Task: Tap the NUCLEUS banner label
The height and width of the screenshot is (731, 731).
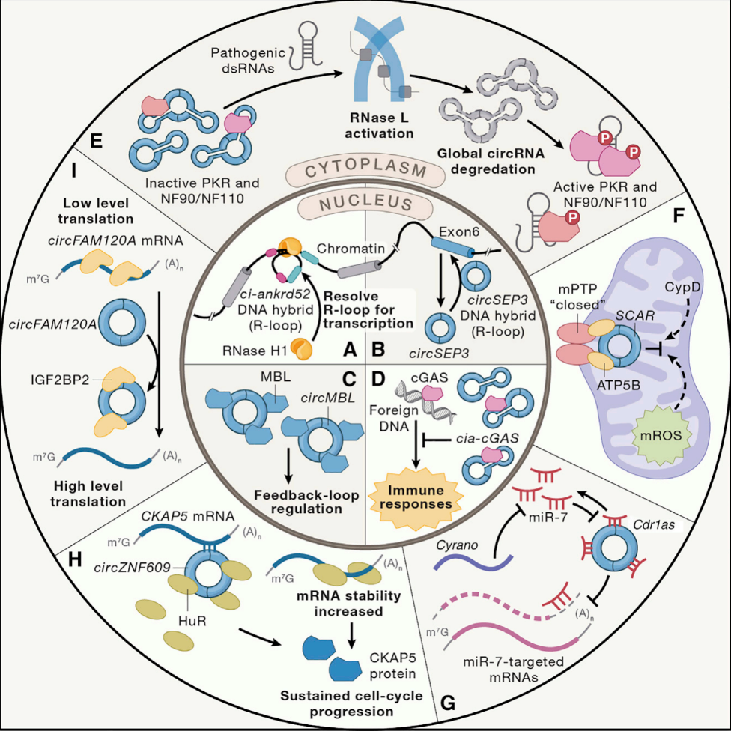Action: (x=365, y=204)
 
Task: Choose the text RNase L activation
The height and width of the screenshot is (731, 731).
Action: (x=383, y=126)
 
